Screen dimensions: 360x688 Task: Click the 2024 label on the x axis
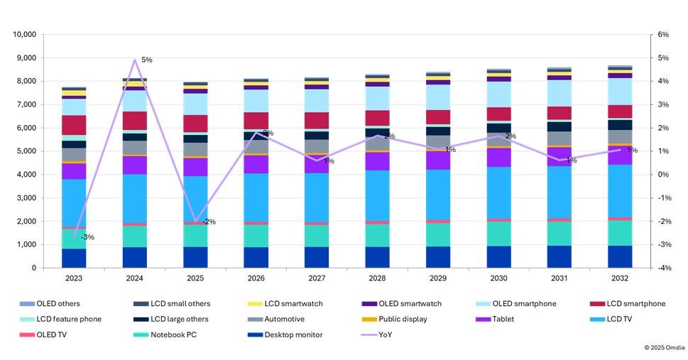[135, 280]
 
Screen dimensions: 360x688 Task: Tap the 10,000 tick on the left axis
[25, 34]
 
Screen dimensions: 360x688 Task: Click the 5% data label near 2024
[146, 60]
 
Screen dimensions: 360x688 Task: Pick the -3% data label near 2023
[88, 237]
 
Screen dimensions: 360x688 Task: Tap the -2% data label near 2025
[209, 222]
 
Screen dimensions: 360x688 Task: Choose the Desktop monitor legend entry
[311, 334]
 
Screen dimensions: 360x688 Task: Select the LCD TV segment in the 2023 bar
[75, 202]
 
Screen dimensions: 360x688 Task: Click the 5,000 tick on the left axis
[27, 151]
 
